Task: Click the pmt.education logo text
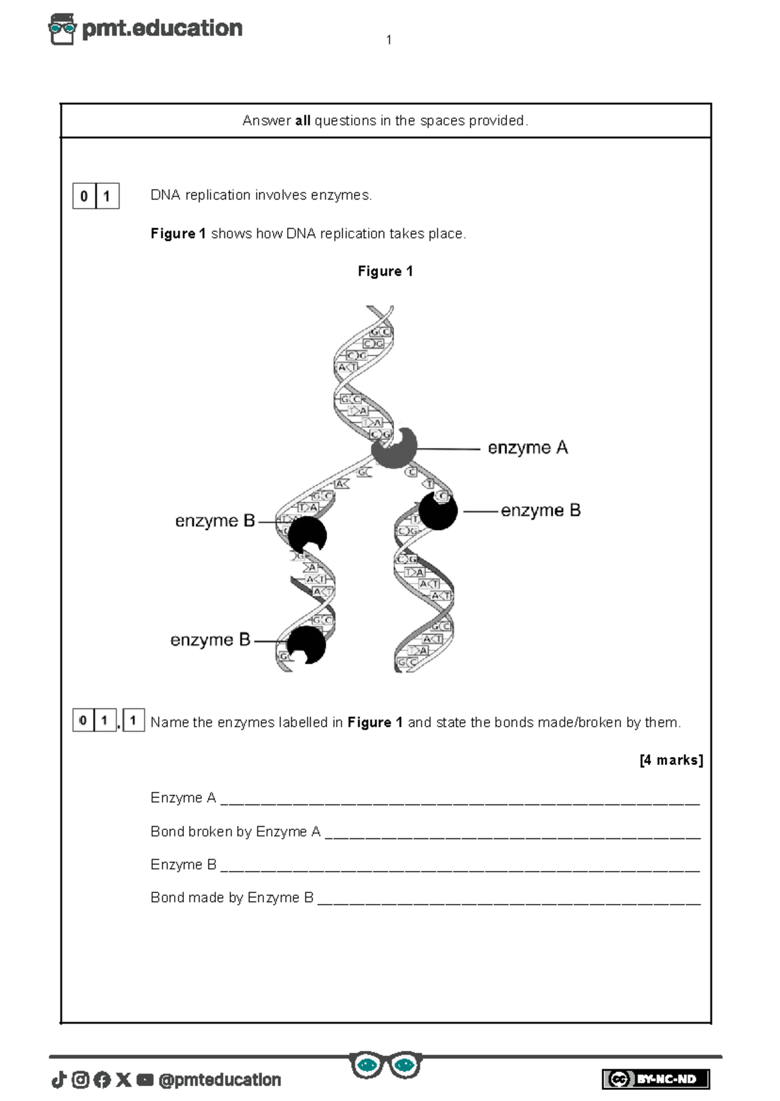pos(162,28)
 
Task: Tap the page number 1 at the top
pos(389,40)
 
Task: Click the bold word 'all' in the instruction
pos(303,121)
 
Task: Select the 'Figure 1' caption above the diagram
pos(385,272)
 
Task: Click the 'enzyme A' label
pos(528,448)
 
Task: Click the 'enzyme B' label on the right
pos(540,511)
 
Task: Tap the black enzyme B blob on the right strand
pos(437,512)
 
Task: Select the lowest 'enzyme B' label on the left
pos(210,640)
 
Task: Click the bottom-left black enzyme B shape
pos(306,645)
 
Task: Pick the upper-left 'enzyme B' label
pos(214,521)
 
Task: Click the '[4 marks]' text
pos(671,760)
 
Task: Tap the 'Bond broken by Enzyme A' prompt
pos(235,832)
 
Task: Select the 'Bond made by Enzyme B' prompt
pos(231,898)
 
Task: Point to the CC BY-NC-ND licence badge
pos(655,1079)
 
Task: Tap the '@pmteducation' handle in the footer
pos(220,1080)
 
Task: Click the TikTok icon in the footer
pos(58,1080)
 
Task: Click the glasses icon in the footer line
pos(385,1065)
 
